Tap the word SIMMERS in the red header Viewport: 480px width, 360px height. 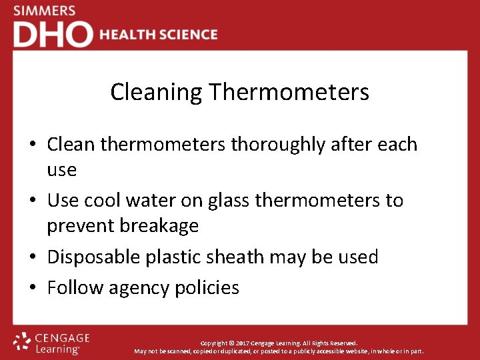click(45, 11)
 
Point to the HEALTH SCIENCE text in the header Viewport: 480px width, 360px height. click(159, 35)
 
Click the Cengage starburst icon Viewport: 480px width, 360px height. click(22, 341)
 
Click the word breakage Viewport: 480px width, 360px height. click(159, 226)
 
